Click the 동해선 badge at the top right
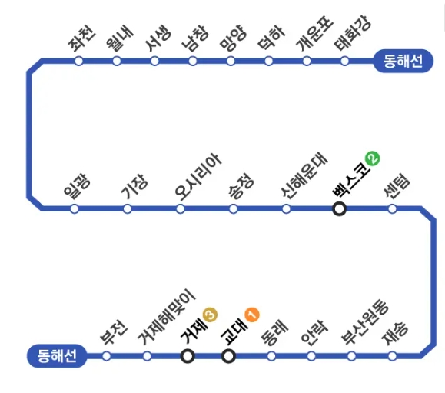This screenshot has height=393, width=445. click(x=398, y=61)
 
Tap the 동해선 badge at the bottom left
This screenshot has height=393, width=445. click(x=52, y=355)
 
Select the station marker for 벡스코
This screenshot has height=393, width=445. click(x=339, y=208)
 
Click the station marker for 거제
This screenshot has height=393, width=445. click(x=188, y=355)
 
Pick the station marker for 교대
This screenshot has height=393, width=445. click(x=228, y=355)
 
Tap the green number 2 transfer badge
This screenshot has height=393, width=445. click(x=373, y=160)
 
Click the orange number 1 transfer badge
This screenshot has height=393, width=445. click(x=252, y=315)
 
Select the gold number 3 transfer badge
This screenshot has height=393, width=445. click(x=211, y=315)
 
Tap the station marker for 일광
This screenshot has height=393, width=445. click(x=75, y=208)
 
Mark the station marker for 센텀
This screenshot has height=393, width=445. click(x=392, y=208)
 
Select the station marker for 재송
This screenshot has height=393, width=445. click(x=392, y=355)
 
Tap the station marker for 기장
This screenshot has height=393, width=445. click(x=128, y=208)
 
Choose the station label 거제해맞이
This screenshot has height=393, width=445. click(x=167, y=318)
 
